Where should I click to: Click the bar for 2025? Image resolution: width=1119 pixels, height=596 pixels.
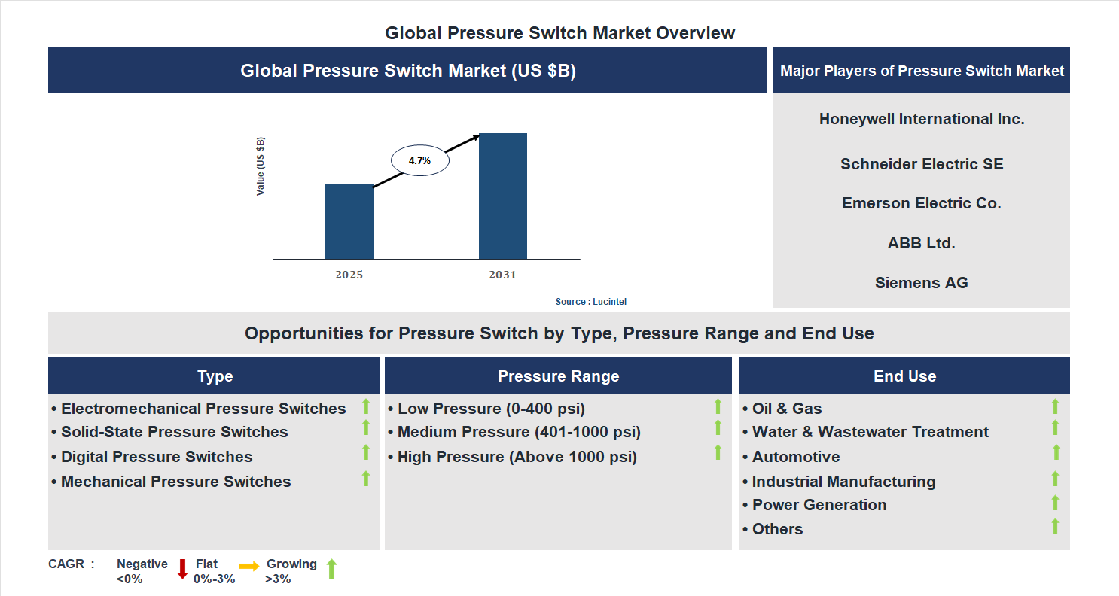click(x=349, y=221)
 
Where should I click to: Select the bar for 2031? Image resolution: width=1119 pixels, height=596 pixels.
click(x=502, y=196)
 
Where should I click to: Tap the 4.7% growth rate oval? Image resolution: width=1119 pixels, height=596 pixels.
click(x=419, y=160)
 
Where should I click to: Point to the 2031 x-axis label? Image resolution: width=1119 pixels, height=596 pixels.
click(x=502, y=275)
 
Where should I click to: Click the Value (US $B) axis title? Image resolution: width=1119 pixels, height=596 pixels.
click(x=261, y=166)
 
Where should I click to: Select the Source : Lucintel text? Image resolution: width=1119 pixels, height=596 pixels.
click(x=590, y=302)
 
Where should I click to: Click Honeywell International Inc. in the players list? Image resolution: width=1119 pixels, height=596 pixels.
click(x=921, y=119)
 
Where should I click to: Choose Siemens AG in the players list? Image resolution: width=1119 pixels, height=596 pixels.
click(x=921, y=283)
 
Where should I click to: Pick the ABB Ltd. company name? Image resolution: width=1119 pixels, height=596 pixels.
click(x=921, y=243)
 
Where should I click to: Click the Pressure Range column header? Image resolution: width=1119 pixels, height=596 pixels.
click(x=558, y=376)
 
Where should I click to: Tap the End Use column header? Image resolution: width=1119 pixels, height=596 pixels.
click(x=904, y=376)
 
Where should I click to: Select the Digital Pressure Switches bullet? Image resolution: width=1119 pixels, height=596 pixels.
click(x=156, y=457)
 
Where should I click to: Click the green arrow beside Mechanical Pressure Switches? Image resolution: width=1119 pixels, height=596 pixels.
click(x=366, y=479)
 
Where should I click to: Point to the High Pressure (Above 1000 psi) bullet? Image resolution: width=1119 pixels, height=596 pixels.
click(x=517, y=457)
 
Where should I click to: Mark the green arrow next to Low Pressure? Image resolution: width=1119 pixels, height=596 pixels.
click(x=718, y=406)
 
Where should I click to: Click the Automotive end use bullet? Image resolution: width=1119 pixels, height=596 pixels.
click(x=795, y=457)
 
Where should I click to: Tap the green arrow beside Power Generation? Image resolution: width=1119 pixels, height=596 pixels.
click(x=1055, y=503)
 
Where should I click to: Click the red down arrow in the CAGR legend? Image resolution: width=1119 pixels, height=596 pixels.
click(x=182, y=570)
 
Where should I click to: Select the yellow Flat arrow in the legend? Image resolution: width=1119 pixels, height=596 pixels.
click(x=249, y=565)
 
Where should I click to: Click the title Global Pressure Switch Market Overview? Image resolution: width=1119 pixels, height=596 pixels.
click(x=559, y=33)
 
